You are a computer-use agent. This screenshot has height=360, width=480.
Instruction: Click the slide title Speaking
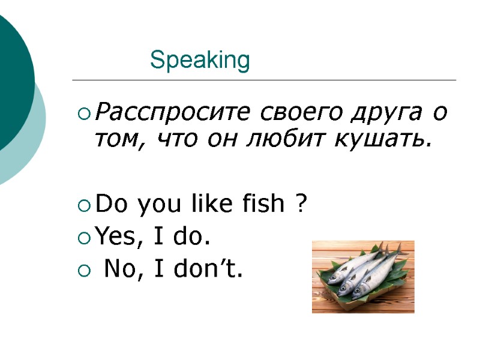click(x=200, y=61)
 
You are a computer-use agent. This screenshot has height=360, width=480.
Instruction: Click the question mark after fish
click(x=302, y=205)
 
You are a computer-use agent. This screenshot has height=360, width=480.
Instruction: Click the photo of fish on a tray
click(x=362, y=276)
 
